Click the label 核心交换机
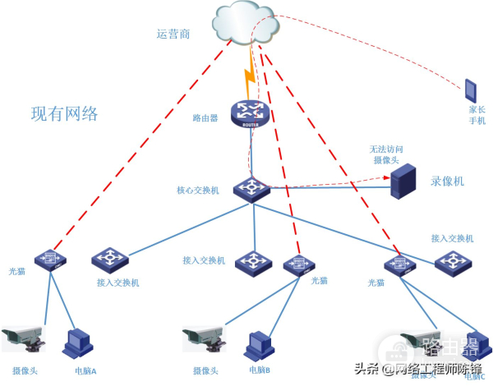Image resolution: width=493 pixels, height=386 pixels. [197, 191]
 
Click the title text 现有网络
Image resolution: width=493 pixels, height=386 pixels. [64, 114]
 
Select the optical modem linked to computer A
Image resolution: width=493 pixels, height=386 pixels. [50, 260]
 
